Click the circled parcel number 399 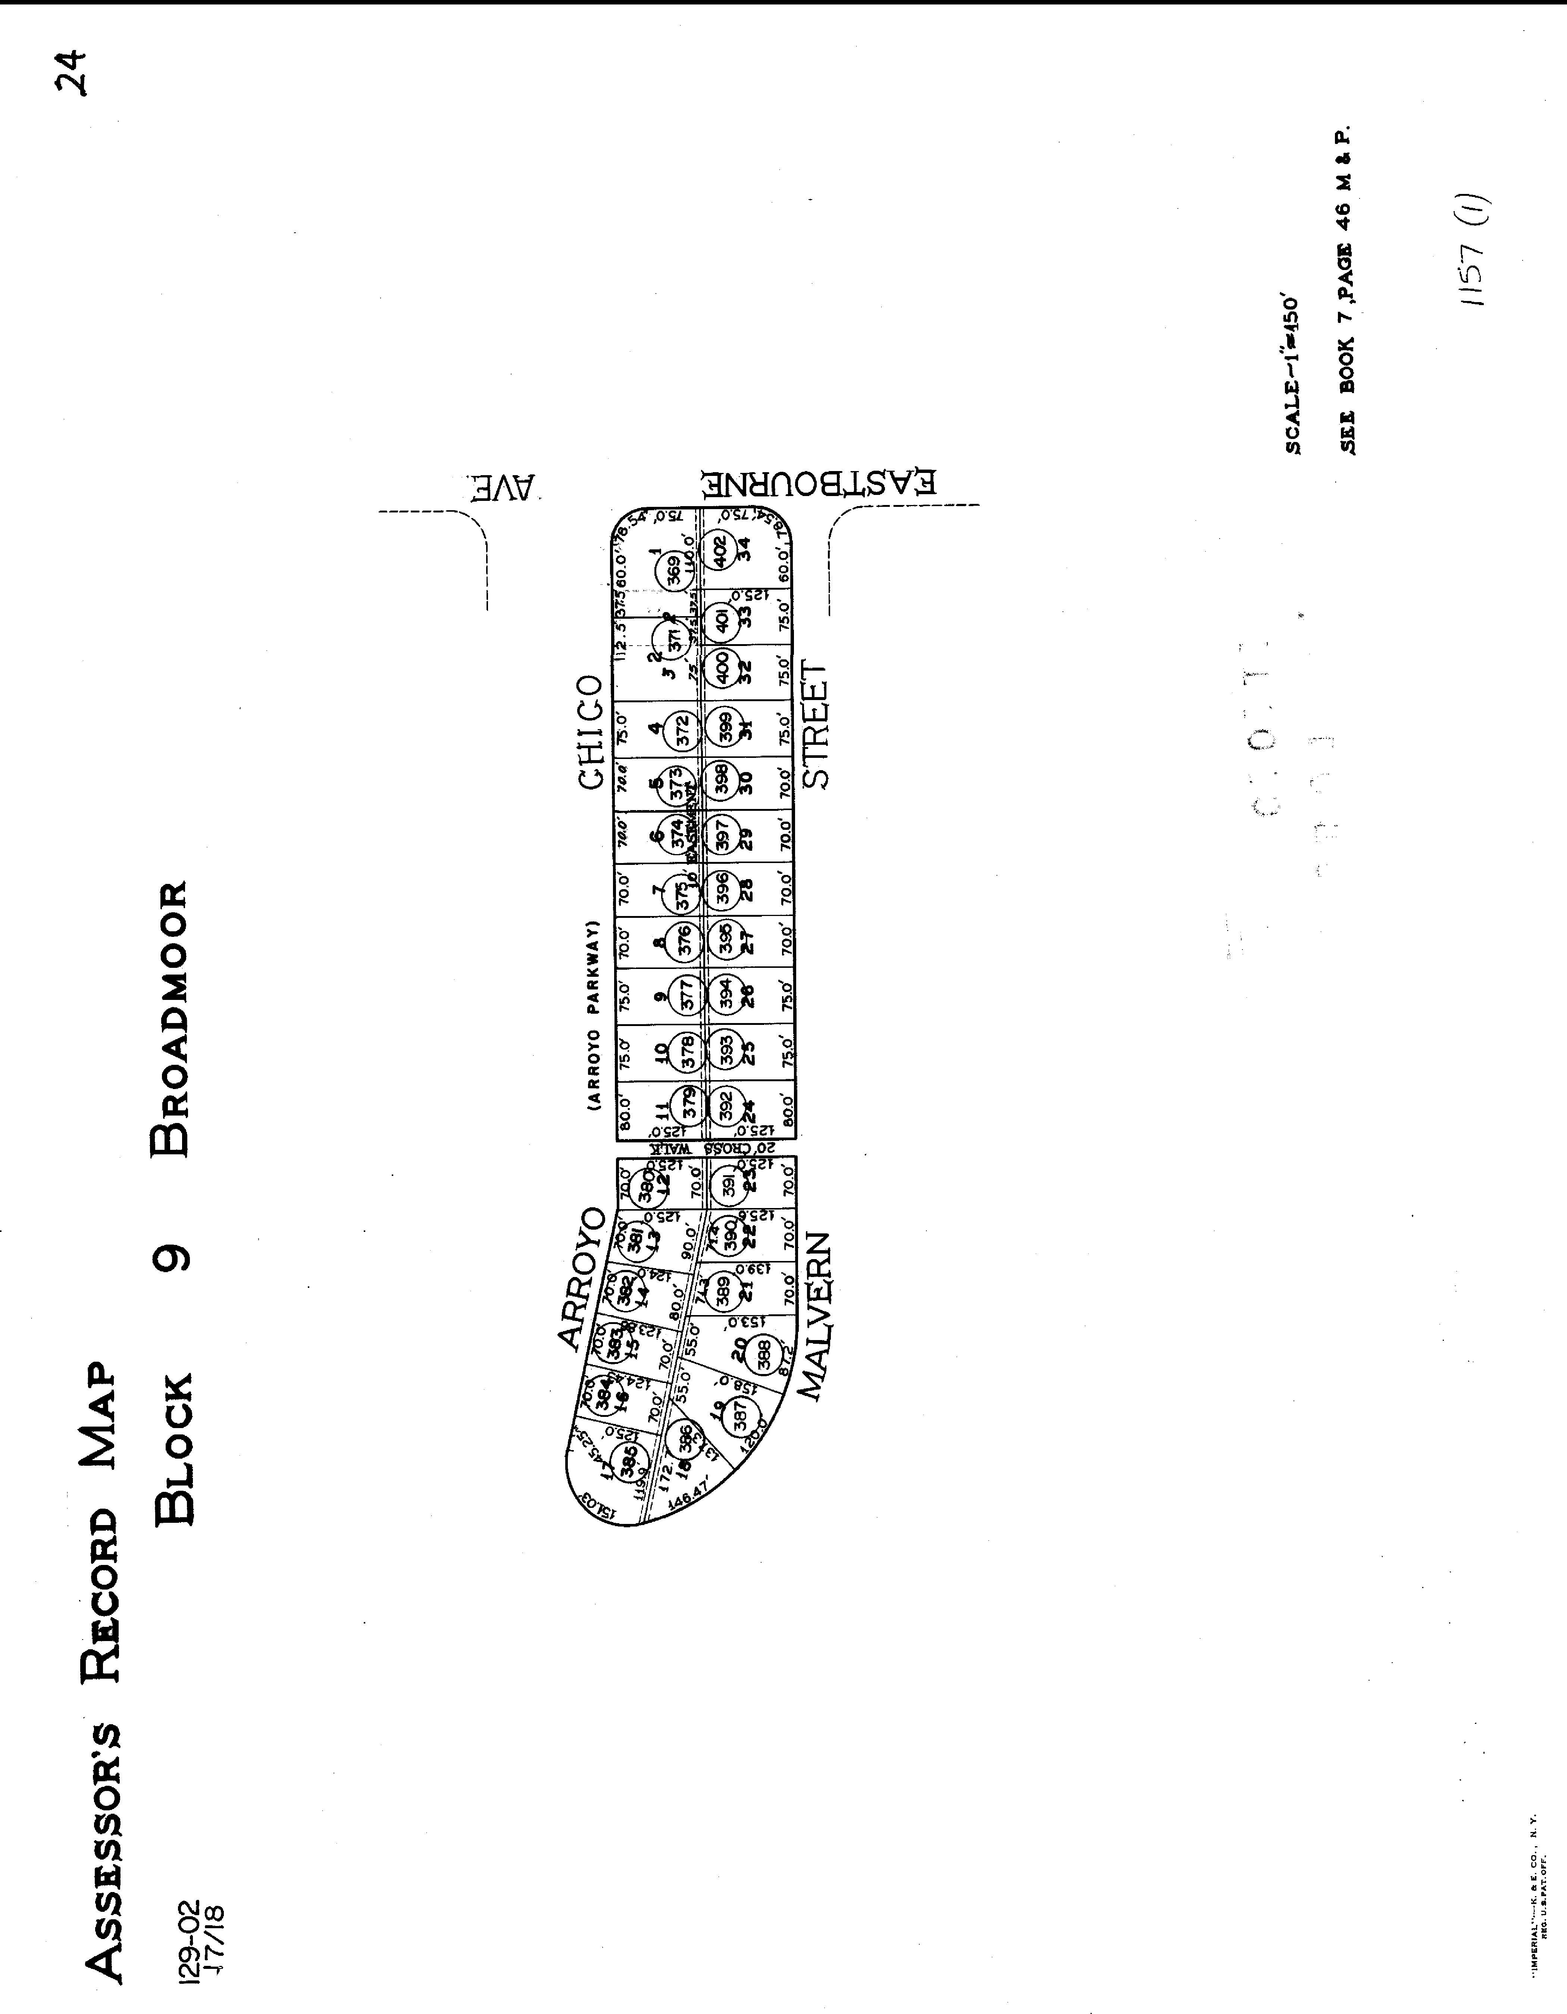pos(723,725)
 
